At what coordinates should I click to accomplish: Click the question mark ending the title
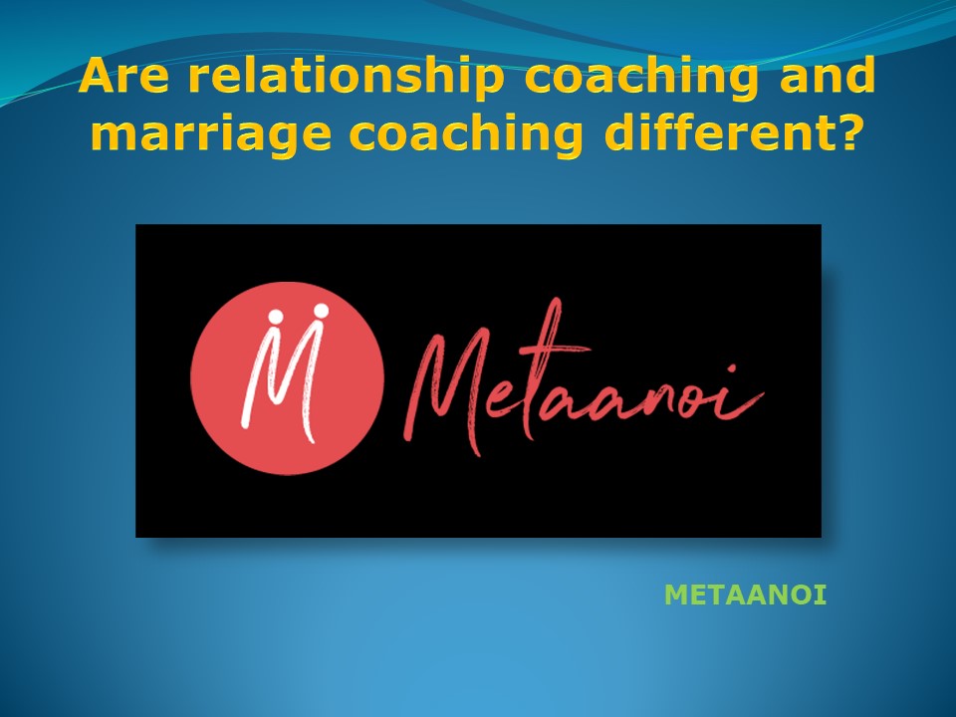(847, 132)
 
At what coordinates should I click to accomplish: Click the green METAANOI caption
(746, 597)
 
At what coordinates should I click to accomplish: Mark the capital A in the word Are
(96, 76)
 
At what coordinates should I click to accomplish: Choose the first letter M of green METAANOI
(674, 597)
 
